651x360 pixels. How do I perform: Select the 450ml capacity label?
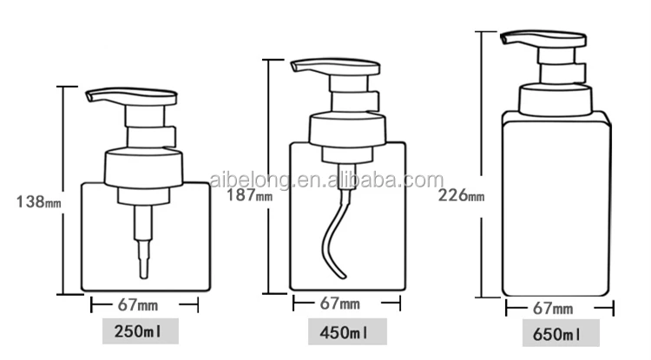pyautogui.click(x=345, y=332)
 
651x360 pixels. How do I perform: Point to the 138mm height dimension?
pyautogui.click(x=39, y=202)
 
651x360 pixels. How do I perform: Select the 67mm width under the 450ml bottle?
pyautogui.click(x=345, y=304)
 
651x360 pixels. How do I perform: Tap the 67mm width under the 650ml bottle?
pyautogui.click(x=558, y=308)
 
